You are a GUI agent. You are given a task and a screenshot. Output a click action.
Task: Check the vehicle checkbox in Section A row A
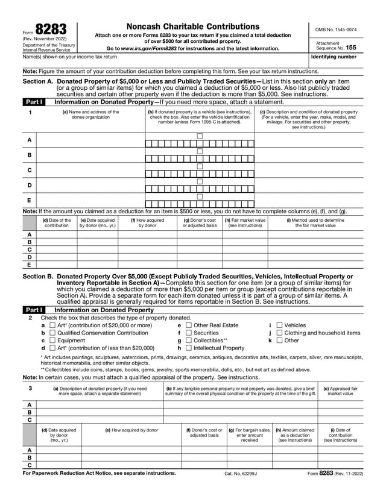pyautogui.click(x=200, y=136)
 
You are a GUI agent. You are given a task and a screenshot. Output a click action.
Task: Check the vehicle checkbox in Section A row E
pyautogui.click(x=200, y=196)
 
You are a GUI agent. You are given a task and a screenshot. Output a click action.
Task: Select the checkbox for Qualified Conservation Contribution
pyautogui.click(x=52, y=333)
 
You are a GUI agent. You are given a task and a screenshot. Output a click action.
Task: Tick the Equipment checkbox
pyautogui.click(x=52, y=341)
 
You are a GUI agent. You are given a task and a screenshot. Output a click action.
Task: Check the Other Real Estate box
pyautogui.click(x=188, y=325)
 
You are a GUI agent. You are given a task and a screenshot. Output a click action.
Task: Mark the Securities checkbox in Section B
pyautogui.click(x=188, y=333)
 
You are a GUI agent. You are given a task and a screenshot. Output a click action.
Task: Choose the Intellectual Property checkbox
pyautogui.click(x=188, y=348)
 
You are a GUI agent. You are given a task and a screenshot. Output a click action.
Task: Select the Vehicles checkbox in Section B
pyautogui.click(x=279, y=325)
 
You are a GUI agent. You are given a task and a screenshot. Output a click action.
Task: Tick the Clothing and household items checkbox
pyautogui.click(x=279, y=333)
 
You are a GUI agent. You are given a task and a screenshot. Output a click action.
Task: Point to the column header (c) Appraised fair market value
pyautogui.click(x=340, y=391)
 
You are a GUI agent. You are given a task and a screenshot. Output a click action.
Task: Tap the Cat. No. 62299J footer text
pyautogui.click(x=241, y=474)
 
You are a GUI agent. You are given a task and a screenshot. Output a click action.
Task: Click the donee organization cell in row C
pyautogui.click(x=90, y=171)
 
